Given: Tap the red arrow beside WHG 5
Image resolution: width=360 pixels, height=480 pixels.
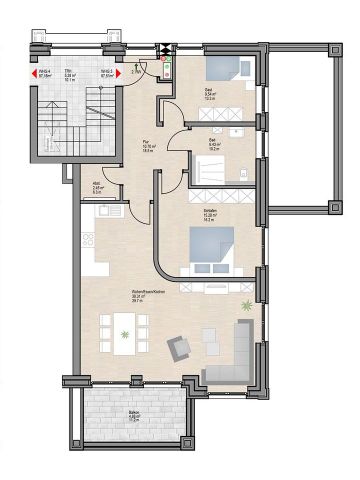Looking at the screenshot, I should (120, 72).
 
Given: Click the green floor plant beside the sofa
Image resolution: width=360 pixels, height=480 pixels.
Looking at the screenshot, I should (246, 305).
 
